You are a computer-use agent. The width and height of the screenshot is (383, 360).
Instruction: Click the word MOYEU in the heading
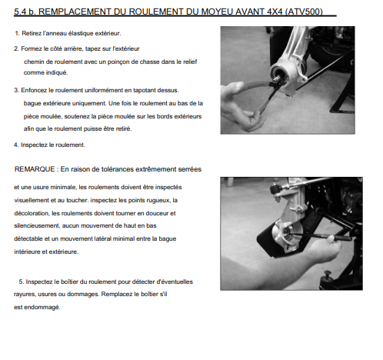click(x=217, y=12)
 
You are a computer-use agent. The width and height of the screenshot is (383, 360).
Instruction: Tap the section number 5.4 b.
click(x=25, y=12)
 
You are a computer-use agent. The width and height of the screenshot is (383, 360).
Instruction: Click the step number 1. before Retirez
click(x=18, y=33)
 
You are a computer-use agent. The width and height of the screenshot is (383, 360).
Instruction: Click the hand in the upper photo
click(x=240, y=108)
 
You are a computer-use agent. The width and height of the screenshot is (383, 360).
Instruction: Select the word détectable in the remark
click(x=28, y=238)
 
